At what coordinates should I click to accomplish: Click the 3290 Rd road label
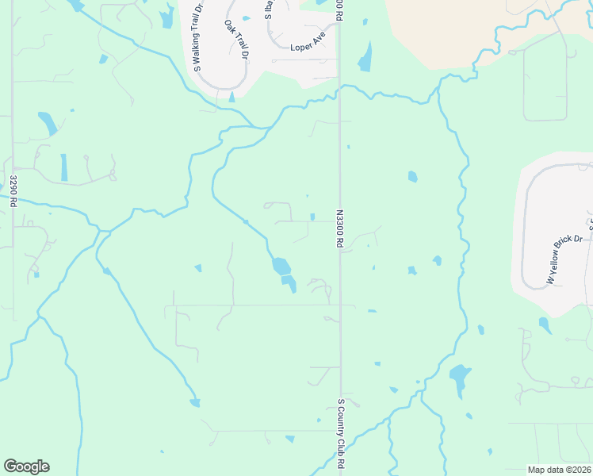[13, 192]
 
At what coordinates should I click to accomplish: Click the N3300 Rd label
[339, 230]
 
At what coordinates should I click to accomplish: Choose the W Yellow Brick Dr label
[564, 259]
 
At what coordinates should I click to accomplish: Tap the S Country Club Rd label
[342, 433]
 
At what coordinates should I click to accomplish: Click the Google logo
[26, 466]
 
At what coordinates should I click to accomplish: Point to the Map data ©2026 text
[559, 470]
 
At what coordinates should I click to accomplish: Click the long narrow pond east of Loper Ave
[365, 56]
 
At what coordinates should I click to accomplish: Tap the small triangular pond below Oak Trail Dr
[231, 97]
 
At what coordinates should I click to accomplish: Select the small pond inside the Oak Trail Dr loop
[246, 17]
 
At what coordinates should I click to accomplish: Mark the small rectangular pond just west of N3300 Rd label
[312, 217]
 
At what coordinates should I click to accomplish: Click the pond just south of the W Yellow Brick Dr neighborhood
[545, 324]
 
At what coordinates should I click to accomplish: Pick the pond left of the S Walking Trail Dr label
[167, 17]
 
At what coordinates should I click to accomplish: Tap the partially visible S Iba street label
[268, 10]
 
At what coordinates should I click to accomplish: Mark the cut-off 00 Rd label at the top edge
[340, 6]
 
